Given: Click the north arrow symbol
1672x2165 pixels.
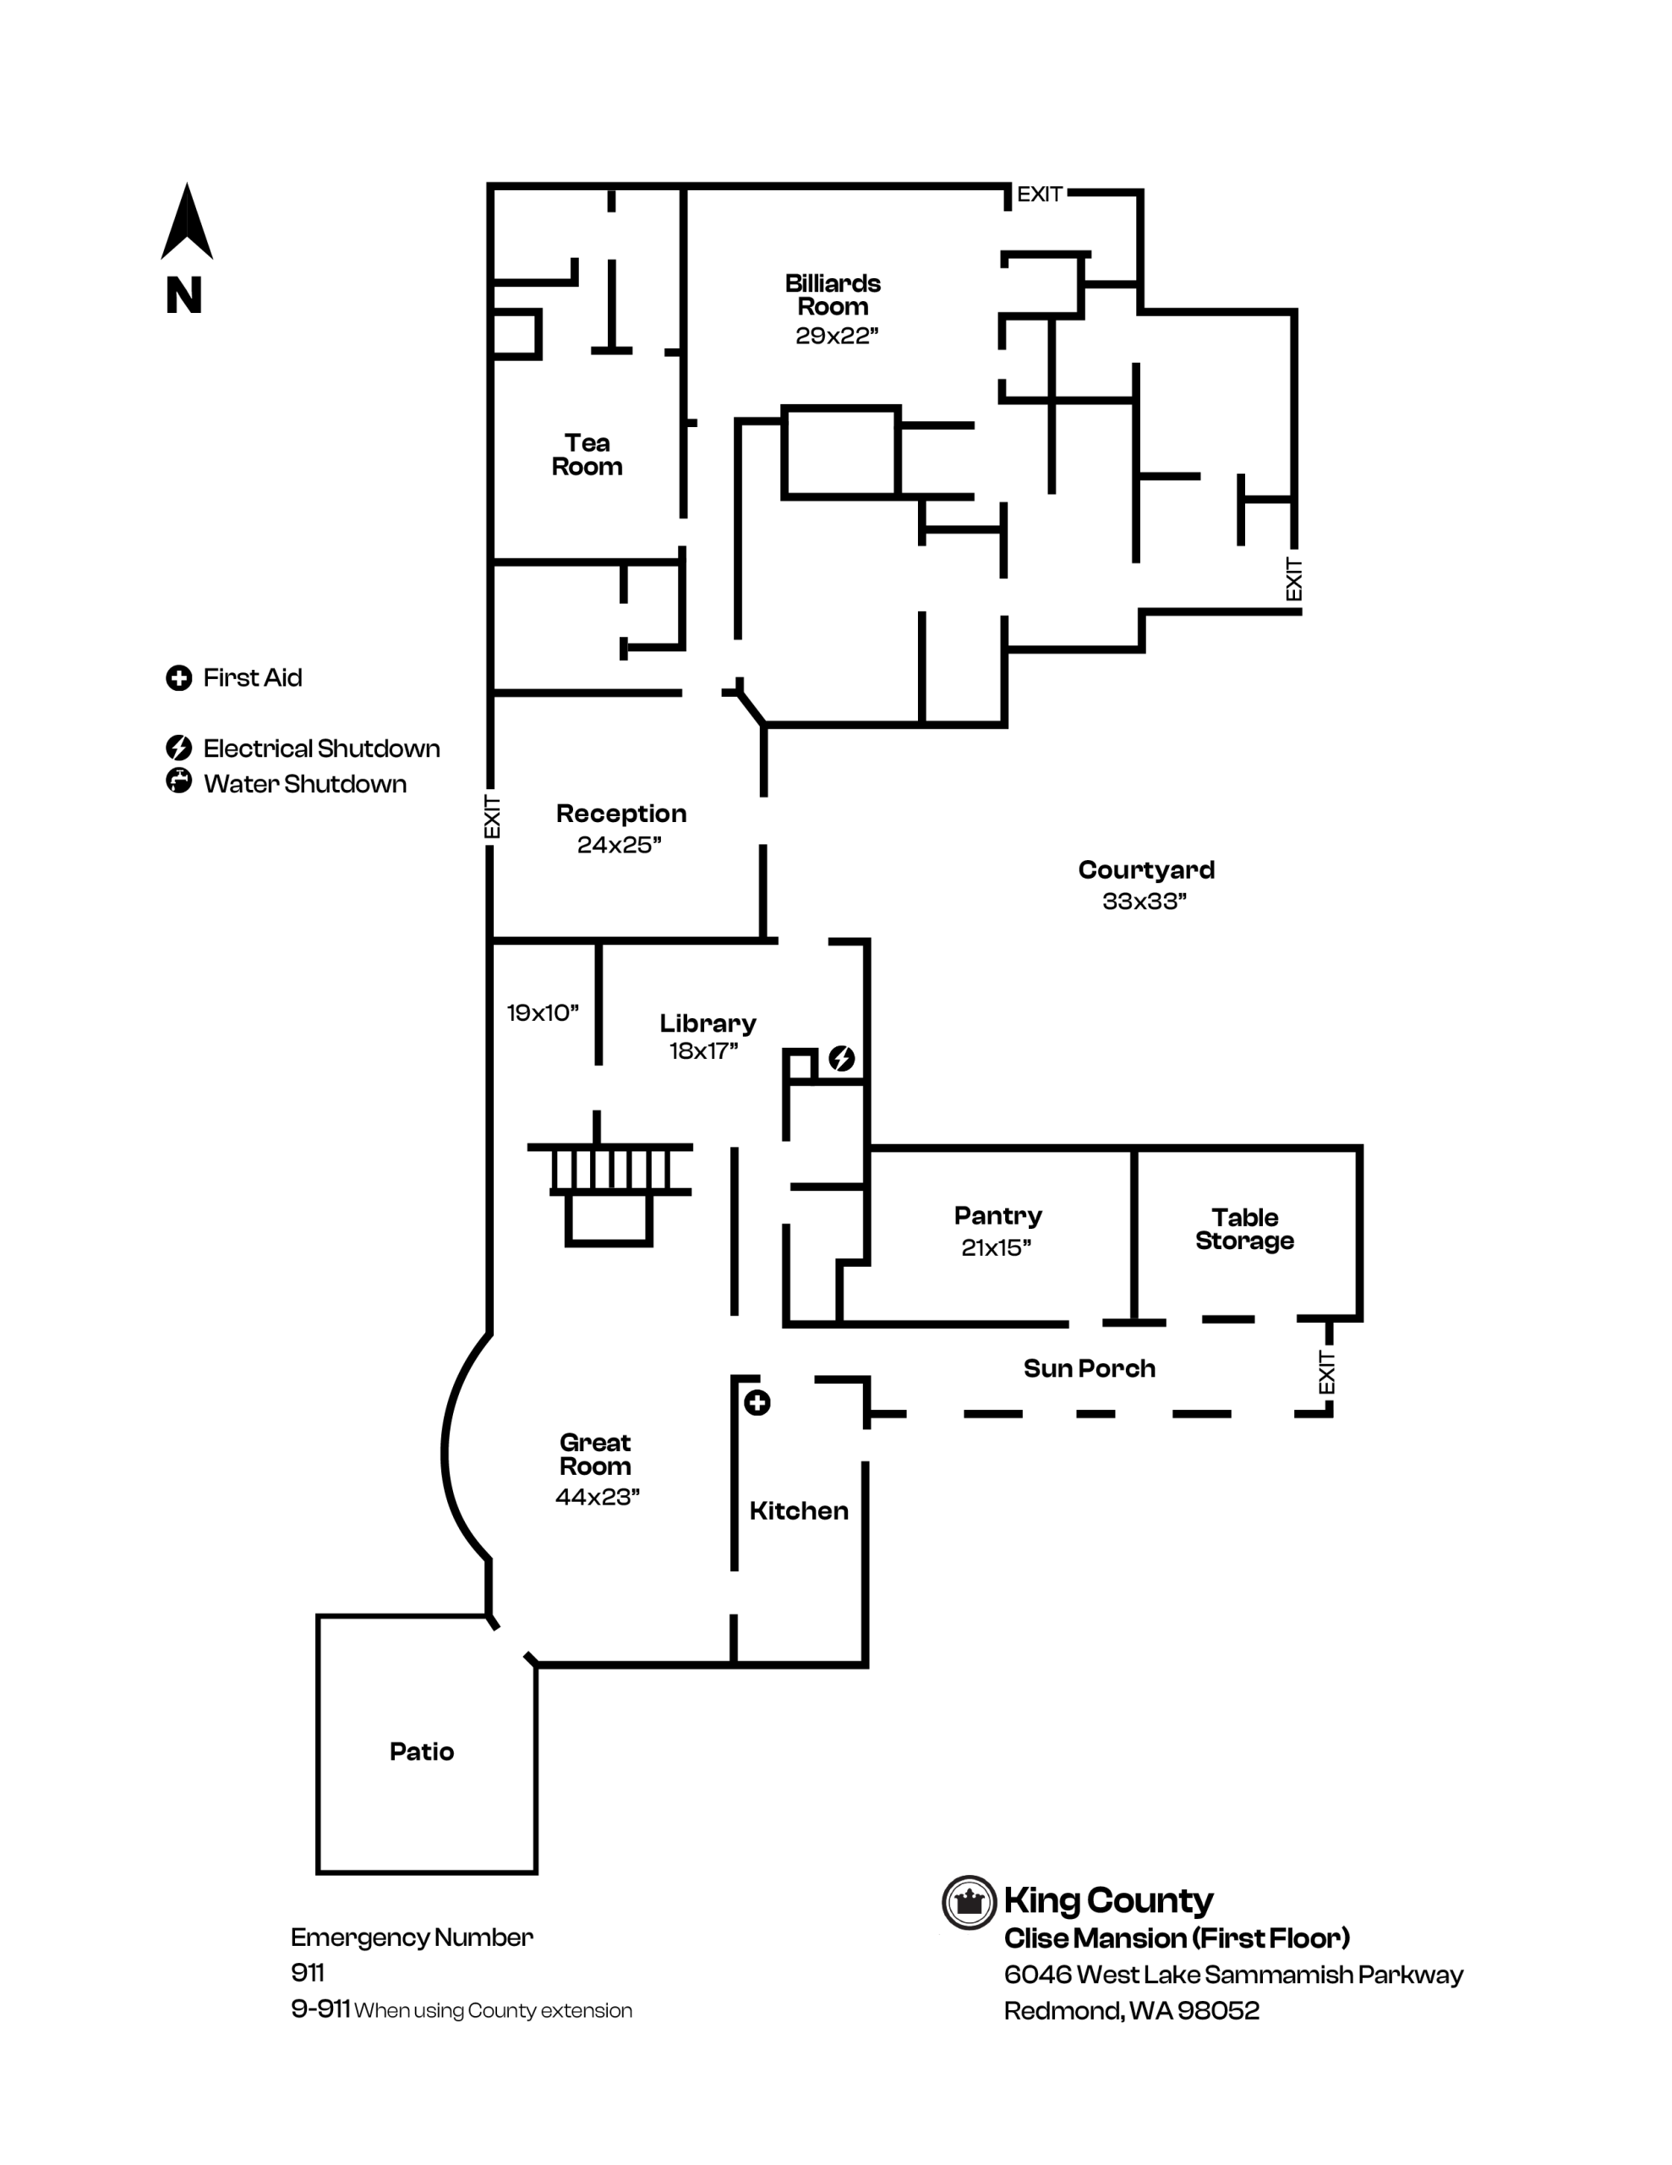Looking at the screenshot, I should (186, 223).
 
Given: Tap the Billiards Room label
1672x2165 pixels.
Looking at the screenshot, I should (833, 294).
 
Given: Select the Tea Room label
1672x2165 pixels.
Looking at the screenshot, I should (587, 455).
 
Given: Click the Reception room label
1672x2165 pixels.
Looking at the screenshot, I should (620, 814).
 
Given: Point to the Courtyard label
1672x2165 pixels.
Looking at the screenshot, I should (1145, 870).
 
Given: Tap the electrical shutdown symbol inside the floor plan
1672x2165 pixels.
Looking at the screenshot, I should (841, 1059).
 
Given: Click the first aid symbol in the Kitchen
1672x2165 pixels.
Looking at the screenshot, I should (757, 1403).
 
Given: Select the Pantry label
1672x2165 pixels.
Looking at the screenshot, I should (997, 1216).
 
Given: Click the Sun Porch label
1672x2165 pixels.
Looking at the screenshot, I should (1090, 1369).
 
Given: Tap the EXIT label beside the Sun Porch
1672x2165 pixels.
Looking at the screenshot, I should (1327, 1372).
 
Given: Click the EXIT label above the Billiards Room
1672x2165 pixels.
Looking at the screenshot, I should (1039, 195).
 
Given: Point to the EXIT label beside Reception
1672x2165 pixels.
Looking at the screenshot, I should (492, 817).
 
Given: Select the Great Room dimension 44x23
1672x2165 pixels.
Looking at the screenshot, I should (597, 1497).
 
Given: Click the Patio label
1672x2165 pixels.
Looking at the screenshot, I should (421, 1751).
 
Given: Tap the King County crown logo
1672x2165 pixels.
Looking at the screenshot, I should (969, 1902).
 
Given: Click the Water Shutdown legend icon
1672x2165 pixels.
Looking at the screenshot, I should (178, 781).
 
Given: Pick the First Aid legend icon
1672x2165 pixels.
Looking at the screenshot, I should (178, 678).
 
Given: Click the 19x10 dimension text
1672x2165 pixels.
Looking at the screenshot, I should (542, 1013).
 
